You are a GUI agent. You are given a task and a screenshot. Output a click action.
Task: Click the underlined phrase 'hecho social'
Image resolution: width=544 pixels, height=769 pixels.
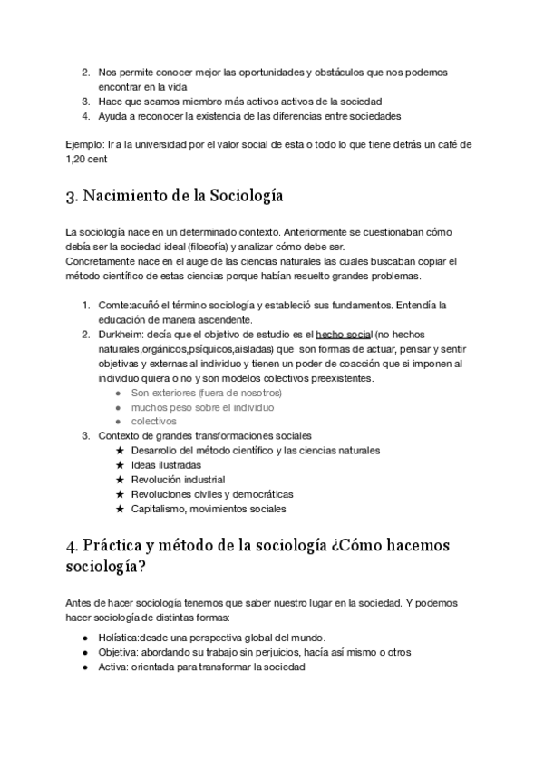tap(344, 335)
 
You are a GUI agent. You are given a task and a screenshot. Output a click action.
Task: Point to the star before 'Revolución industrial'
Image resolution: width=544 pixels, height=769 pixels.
tap(120, 480)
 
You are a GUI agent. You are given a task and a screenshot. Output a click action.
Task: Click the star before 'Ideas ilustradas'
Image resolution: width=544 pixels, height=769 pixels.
tap(120, 465)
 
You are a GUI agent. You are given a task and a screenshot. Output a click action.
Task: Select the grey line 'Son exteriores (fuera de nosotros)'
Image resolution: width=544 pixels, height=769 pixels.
tap(207, 393)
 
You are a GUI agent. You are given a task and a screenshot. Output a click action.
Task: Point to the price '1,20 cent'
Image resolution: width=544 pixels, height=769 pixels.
tap(87, 159)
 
